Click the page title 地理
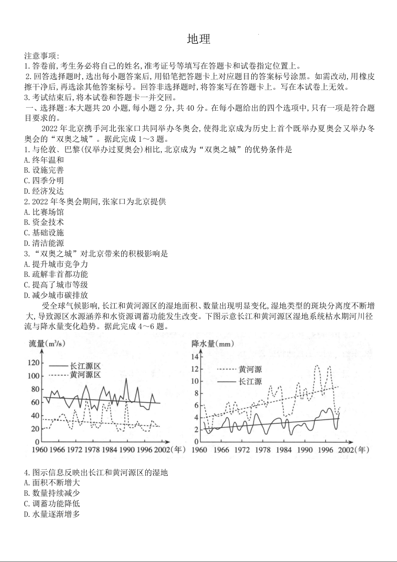pos(199,40)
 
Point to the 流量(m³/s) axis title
pos(48,344)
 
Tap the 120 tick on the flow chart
pos(34,363)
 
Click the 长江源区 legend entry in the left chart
pos(86,365)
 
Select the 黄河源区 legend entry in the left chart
pos(86,375)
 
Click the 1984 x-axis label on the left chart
pos(109,449)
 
